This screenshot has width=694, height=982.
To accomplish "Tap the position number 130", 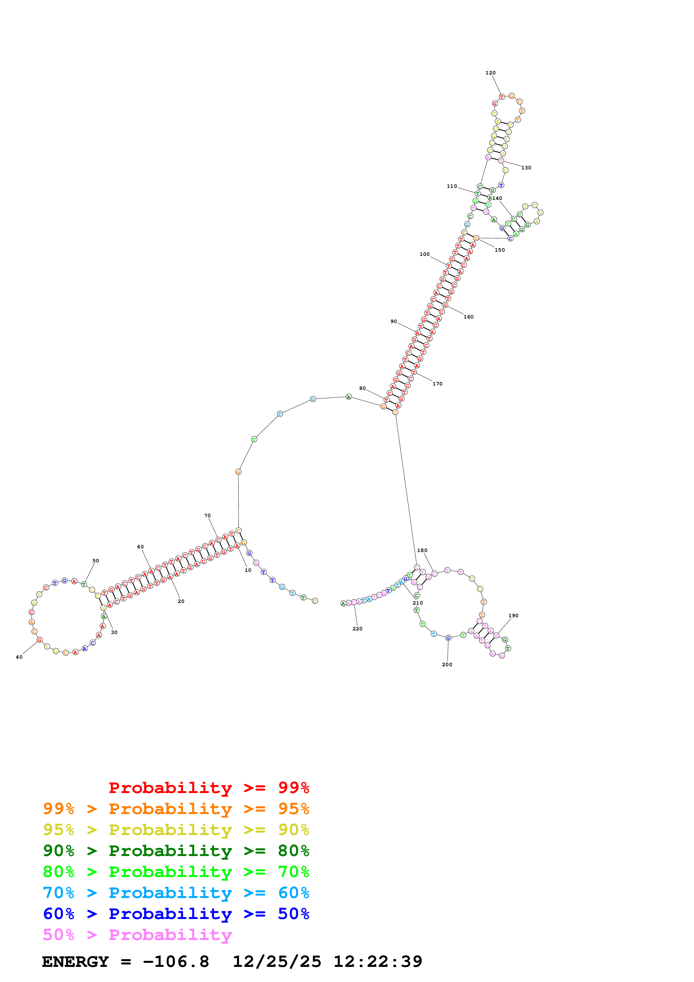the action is (x=526, y=168).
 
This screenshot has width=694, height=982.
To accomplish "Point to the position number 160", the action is (x=468, y=317).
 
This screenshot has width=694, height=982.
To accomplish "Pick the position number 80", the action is (x=362, y=388).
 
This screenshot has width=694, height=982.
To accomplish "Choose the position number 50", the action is (x=96, y=560).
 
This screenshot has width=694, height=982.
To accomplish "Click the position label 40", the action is (x=19, y=657).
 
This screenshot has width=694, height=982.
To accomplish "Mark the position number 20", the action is (x=181, y=601).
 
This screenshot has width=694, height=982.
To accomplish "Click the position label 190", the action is (x=513, y=616).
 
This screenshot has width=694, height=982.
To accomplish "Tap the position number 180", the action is (x=422, y=550).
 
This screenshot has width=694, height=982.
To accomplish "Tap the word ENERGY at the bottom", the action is (x=75, y=962).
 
